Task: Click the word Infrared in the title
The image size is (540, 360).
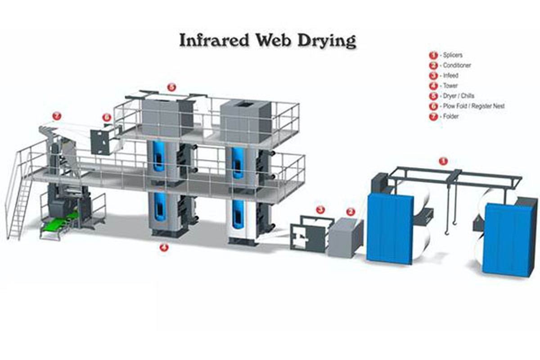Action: (210, 40)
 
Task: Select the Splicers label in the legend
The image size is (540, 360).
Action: (452, 55)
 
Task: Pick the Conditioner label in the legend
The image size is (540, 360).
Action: (457, 66)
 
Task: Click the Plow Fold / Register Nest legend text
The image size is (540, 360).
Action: (473, 106)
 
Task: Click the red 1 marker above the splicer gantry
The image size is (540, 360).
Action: (443, 161)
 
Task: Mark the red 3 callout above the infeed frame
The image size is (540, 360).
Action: (320, 209)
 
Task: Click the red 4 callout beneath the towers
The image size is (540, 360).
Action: (164, 247)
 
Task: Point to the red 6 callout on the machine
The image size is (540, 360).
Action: (107, 118)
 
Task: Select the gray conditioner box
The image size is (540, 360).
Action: (344, 237)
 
